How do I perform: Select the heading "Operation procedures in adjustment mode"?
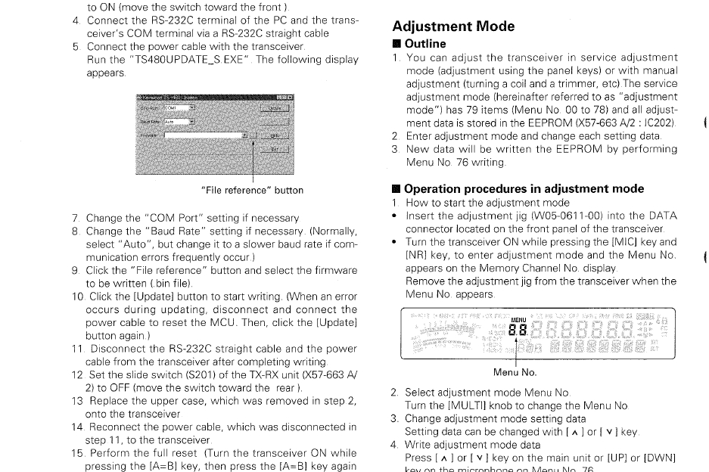point(524,188)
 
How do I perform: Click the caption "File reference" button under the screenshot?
point(252,190)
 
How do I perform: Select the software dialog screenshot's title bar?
point(214,98)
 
